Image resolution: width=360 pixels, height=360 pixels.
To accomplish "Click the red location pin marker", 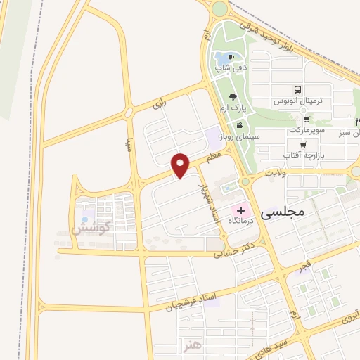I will coord(181,165).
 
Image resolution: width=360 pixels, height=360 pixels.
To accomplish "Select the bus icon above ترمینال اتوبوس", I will coord(298,90).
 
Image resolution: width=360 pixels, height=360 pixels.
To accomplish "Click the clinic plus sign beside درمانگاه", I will coord(240,210).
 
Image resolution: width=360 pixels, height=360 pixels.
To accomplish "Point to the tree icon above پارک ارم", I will coord(233,97).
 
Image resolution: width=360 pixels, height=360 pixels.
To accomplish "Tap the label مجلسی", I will coord(282,211).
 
